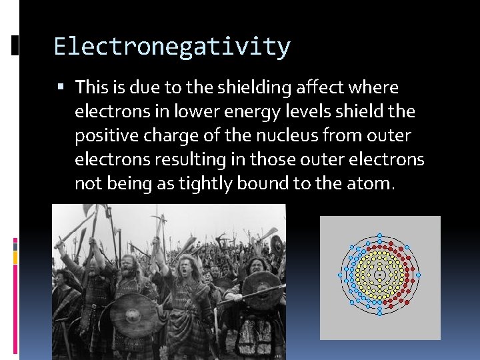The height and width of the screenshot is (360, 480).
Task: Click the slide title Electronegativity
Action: tap(172, 47)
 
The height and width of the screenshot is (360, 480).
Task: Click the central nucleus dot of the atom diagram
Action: tap(379, 275)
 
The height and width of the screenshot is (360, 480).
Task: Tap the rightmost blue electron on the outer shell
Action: tap(419, 275)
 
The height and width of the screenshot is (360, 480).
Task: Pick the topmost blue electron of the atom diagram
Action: tap(379, 235)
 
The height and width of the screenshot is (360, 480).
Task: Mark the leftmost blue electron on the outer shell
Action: tap(340, 275)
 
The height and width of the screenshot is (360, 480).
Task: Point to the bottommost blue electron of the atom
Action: tap(379, 314)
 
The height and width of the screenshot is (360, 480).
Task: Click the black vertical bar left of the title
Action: tap(15, 45)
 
